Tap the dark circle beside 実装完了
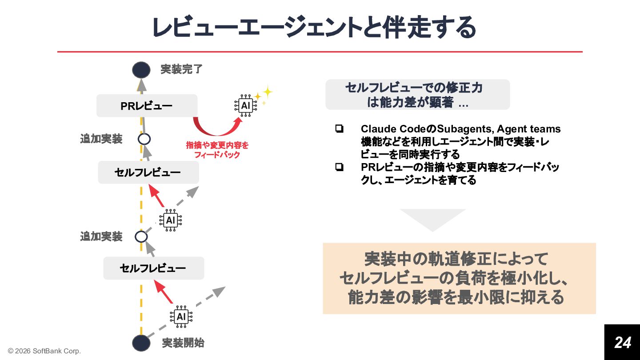coord(141,70)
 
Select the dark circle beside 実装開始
coord(141,343)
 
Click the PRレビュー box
coord(147,106)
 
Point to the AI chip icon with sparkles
coord(245,105)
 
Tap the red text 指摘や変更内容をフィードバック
coord(217,150)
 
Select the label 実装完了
coord(181,69)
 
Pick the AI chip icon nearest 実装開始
coord(181,316)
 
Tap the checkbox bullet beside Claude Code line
coord(340,129)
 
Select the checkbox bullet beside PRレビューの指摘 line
coord(340,168)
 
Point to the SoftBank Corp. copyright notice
coord(44,351)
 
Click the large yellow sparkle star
coord(267,92)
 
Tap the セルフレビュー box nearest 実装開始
coord(153,268)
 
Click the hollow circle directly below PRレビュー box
coord(144,139)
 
